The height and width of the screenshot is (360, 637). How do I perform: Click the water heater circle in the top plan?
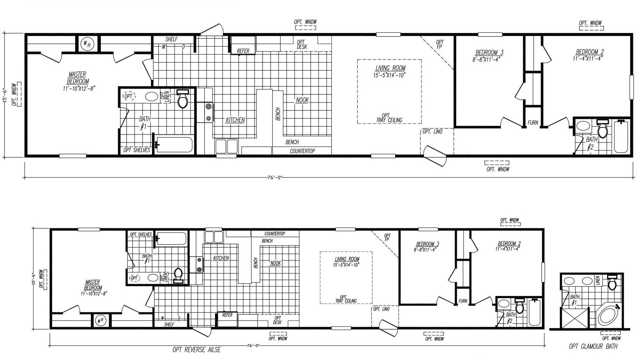coord(87,43)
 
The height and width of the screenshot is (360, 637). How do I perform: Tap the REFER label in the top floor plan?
coord(243,51)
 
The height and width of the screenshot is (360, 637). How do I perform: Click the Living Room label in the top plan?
coord(390,68)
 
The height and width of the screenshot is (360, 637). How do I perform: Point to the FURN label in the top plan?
coord(532,122)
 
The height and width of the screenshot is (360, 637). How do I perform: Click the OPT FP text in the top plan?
coord(440,44)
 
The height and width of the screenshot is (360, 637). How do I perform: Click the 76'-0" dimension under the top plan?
coord(274,177)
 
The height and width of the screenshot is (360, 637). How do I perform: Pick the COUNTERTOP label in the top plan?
coord(302,151)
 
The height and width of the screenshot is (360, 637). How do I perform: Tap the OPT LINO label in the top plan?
coord(432,132)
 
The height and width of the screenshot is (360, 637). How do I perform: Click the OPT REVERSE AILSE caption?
coord(196,349)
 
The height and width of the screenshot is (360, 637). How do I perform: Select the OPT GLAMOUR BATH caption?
coord(593,346)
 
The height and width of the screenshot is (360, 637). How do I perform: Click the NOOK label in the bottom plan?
coord(275,263)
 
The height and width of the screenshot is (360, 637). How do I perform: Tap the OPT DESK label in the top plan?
coord(302,44)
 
